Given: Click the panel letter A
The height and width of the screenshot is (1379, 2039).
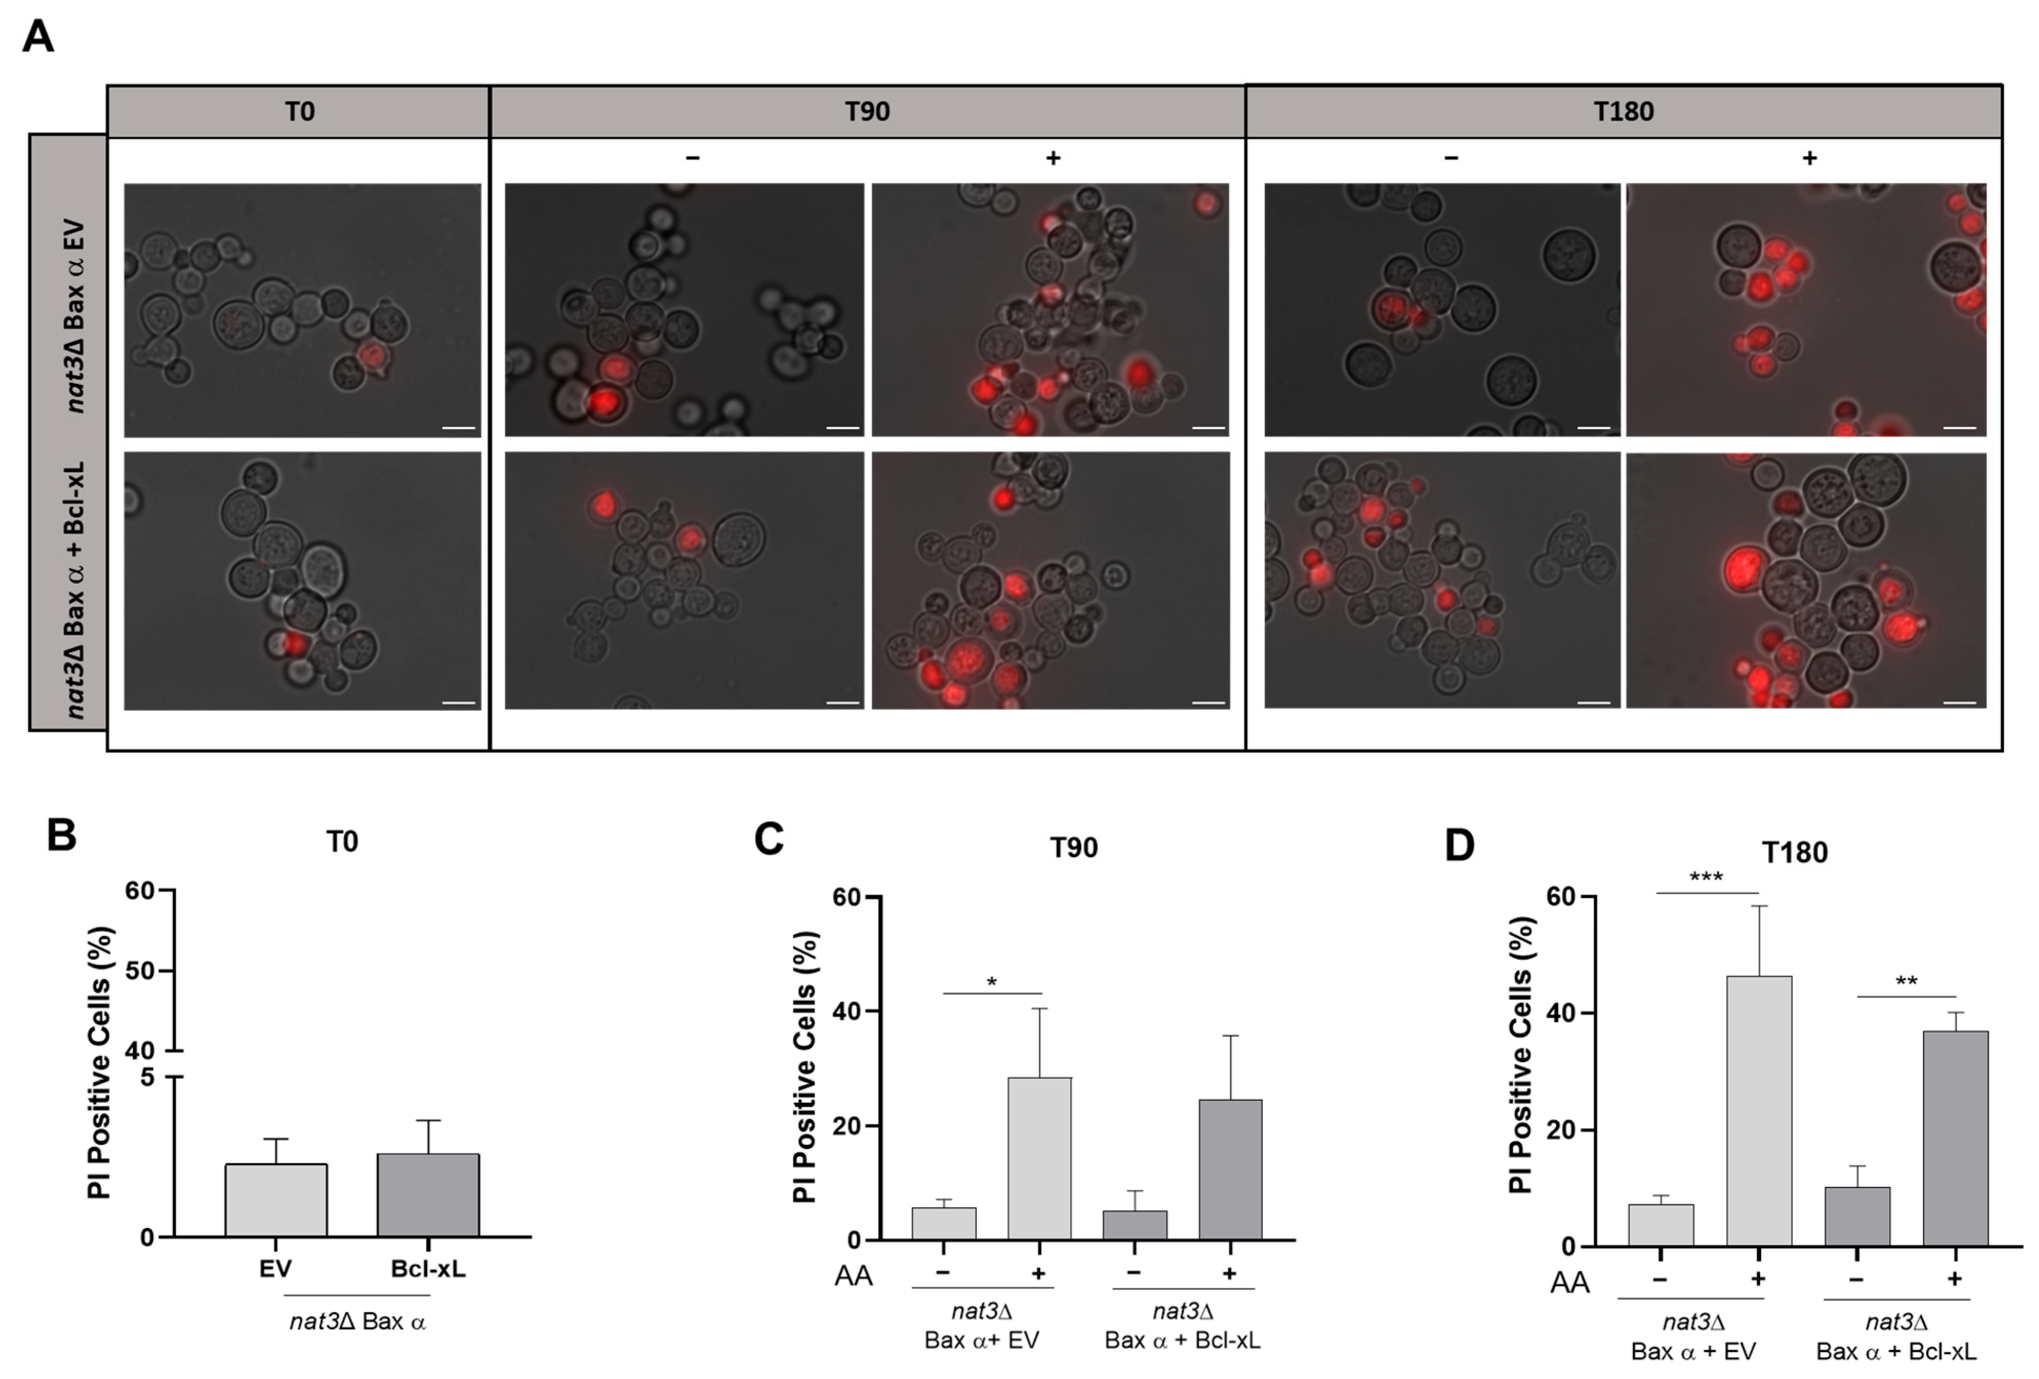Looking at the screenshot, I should (x=38, y=37).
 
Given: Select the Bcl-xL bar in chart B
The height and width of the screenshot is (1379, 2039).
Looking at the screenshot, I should (x=428, y=1195).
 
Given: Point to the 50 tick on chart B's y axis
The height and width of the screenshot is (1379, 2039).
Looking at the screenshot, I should (x=140, y=971).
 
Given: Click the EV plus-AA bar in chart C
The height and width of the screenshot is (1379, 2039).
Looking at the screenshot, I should (x=1039, y=1158).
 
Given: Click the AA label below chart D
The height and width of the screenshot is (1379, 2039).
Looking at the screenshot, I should (x=1569, y=1283).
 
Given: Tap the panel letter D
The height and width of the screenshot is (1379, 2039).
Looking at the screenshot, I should (x=1459, y=846).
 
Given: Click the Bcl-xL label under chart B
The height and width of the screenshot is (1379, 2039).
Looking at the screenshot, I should (x=428, y=1268).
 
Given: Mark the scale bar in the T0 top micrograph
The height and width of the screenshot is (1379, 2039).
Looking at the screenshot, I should (x=458, y=428).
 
